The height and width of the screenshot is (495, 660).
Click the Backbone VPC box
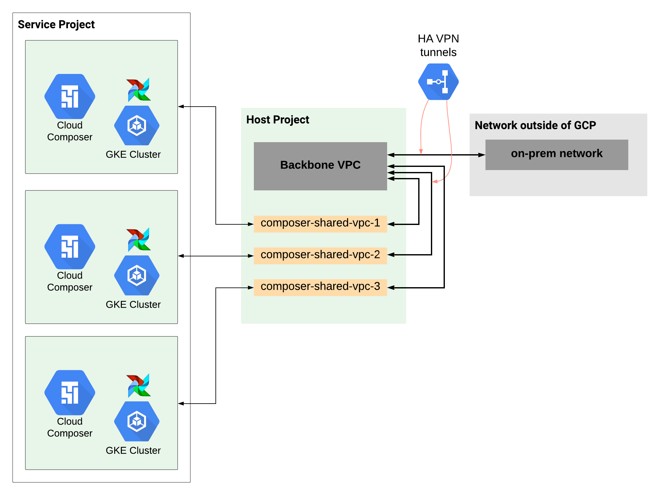320,166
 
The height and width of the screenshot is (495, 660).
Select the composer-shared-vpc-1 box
320,224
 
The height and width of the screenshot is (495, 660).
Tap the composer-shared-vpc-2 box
320,255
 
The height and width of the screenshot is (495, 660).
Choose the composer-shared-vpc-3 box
320,287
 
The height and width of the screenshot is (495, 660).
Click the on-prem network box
557,155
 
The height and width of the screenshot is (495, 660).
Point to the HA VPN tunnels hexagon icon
438,82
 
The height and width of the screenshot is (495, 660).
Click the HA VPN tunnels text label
438,45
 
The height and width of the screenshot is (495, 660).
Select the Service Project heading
56,24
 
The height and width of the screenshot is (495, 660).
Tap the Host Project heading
277,120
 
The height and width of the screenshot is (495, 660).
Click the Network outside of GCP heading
535,125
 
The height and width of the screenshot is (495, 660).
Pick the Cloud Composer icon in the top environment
70,96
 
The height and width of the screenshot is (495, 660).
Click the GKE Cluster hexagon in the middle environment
137,275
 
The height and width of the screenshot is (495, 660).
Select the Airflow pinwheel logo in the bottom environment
139,385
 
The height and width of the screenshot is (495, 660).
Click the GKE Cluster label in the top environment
133,154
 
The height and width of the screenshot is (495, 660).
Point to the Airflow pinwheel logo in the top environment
139,89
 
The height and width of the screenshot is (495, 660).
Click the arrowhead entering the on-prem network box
482,155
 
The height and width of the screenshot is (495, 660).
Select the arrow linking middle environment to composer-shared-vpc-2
216,256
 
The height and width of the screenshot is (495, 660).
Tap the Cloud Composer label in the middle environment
70,281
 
